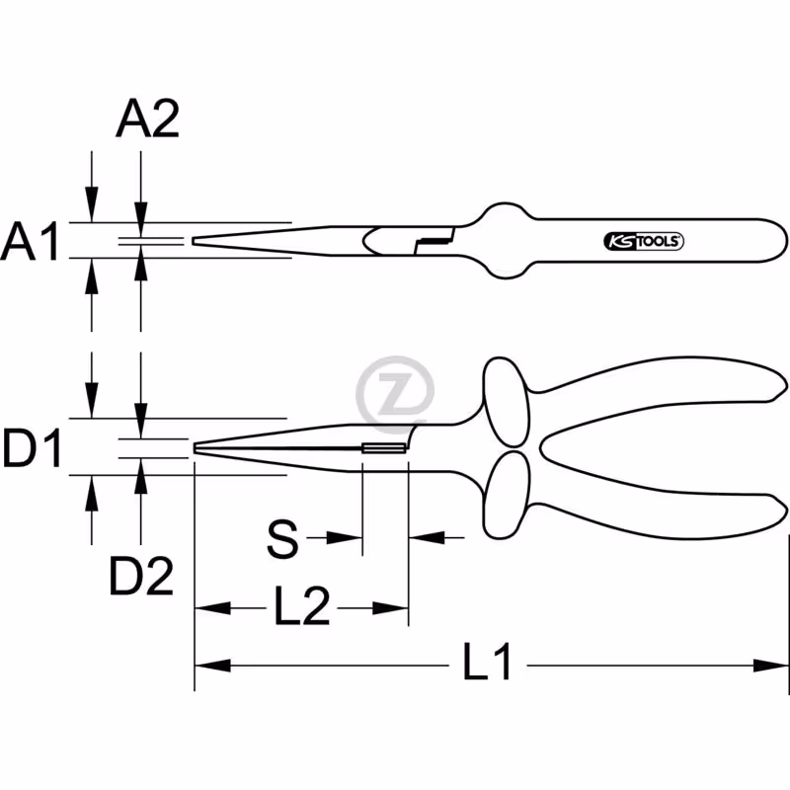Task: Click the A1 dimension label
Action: [31, 241]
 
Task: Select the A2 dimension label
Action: [147, 118]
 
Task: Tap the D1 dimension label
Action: [32, 447]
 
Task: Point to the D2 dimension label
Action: [141, 576]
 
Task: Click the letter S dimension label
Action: [282, 539]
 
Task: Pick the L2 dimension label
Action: [302, 605]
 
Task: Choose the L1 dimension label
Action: [487, 661]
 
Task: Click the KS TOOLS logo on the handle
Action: [644, 242]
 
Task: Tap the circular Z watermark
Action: [395, 394]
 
